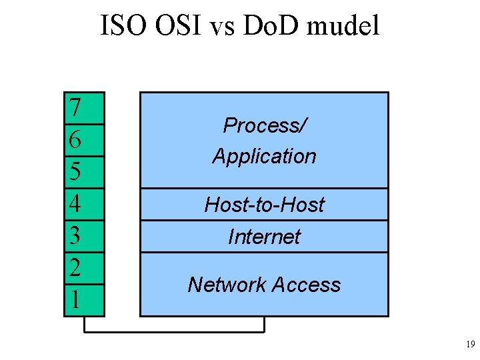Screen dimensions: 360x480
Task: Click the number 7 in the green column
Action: point(75,107)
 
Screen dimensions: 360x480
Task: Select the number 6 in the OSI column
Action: point(75,139)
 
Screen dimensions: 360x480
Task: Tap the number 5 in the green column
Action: point(75,171)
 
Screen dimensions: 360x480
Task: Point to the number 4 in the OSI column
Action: point(75,203)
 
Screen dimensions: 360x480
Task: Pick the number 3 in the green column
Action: point(75,235)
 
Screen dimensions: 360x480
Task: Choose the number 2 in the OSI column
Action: point(75,267)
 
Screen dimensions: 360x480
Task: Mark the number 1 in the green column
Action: point(75,299)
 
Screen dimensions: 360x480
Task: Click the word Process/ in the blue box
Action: point(264,125)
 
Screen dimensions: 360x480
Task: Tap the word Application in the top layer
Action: point(264,156)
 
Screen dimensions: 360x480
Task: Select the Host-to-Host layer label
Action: point(264,204)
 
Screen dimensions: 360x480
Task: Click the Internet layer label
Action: point(264,236)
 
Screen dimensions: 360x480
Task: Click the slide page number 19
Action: point(470,345)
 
